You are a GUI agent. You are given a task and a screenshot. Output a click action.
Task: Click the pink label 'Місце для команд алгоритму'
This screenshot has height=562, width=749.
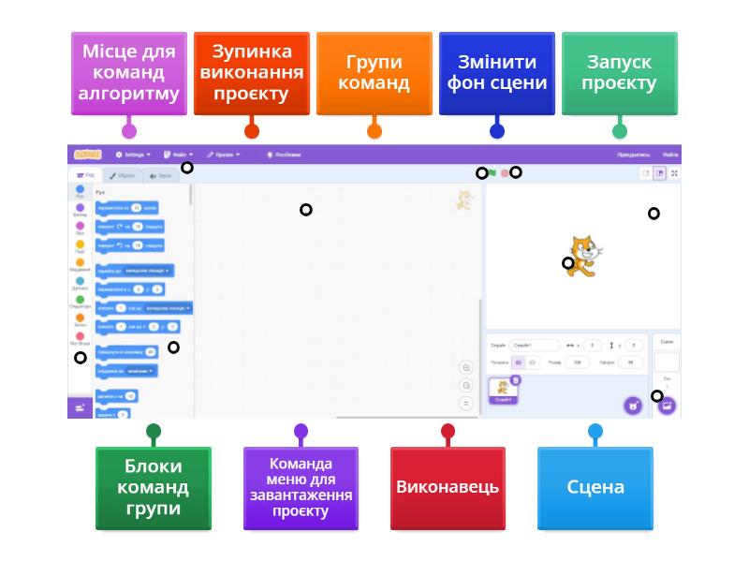click(x=129, y=73)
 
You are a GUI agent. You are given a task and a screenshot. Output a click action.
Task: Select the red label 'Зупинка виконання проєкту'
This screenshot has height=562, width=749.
click(x=252, y=73)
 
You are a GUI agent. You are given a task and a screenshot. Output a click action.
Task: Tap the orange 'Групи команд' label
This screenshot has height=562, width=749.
click(x=374, y=73)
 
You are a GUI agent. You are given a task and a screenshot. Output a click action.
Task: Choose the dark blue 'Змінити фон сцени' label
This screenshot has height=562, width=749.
click(x=497, y=73)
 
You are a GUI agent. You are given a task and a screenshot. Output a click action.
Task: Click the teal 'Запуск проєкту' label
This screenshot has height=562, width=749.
click(x=619, y=73)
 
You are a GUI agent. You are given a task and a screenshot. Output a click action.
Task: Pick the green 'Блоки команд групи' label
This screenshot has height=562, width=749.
click(x=154, y=488)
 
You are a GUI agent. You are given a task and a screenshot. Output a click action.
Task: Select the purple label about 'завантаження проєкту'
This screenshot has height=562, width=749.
click(x=301, y=488)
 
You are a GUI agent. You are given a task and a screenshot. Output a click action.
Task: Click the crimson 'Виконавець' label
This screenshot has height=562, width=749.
click(x=448, y=488)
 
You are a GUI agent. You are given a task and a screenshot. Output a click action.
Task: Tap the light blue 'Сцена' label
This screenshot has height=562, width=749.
click(x=595, y=488)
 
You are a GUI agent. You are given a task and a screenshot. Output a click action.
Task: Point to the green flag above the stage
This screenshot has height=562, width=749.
click(x=492, y=172)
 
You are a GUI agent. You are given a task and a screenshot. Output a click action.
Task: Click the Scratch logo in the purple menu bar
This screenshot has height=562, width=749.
click(x=86, y=155)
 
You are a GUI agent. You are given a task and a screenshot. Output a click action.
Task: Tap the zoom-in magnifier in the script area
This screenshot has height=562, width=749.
click(x=466, y=368)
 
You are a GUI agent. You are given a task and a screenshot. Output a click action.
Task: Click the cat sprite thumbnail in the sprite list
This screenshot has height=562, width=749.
click(x=504, y=391)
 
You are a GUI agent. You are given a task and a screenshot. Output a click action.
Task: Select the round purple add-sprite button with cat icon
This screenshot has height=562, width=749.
click(x=634, y=406)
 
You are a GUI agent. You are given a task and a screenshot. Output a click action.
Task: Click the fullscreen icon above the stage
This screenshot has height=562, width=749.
click(x=674, y=172)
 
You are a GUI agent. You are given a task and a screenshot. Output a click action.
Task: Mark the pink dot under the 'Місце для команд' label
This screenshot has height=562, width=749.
click(x=129, y=131)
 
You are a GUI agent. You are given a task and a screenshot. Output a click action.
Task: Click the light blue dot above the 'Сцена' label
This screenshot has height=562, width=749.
click(x=595, y=432)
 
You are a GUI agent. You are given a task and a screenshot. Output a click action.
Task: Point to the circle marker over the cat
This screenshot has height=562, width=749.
click(x=568, y=263)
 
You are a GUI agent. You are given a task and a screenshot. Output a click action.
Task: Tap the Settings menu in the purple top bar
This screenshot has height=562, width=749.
click(x=132, y=155)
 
